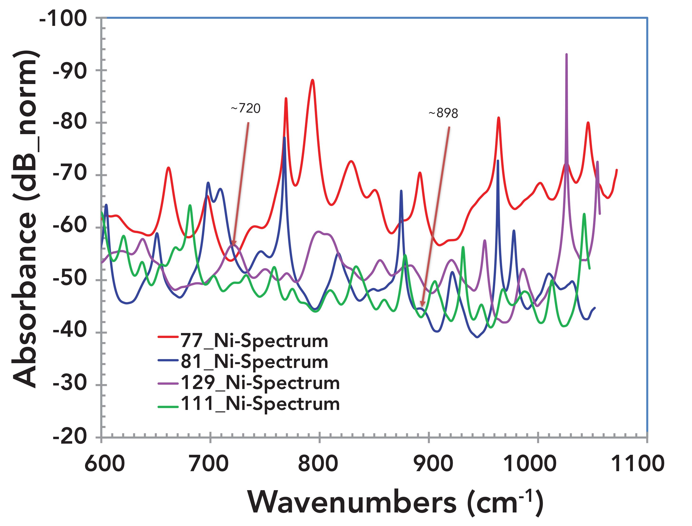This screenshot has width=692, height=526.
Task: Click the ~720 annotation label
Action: click(x=246, y=108)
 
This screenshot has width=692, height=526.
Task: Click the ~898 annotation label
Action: click(x=443, y=113)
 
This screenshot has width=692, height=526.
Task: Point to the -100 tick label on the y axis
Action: click(x=63, y=19)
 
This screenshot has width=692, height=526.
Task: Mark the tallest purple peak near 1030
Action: click(x=566, y=55)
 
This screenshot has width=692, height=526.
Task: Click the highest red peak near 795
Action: click(x=312, y=80)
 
